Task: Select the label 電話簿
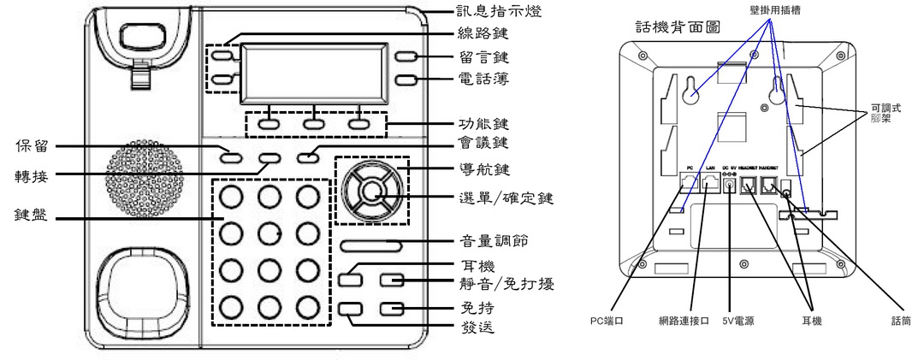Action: (x=480, y=83)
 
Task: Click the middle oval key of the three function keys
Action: (x=314, y=121)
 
